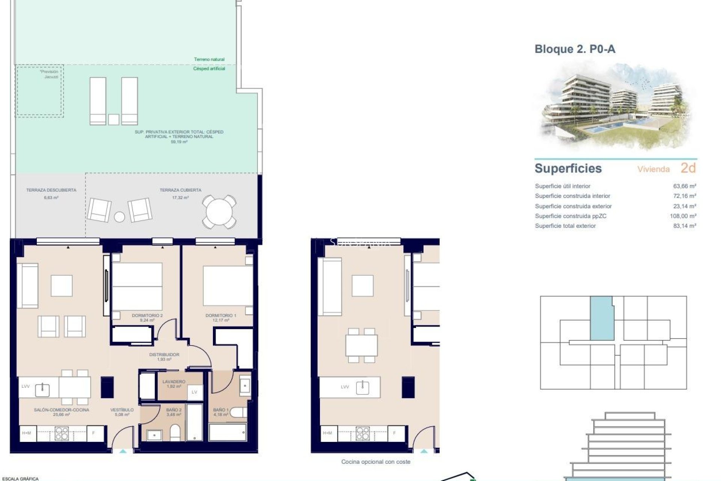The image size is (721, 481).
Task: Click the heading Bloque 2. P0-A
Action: coord(575,49)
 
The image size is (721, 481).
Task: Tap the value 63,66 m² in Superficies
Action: coord(685,186)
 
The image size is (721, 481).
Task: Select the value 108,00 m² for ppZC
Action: coord(683,216)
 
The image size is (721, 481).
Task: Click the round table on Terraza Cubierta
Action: coord(219,212)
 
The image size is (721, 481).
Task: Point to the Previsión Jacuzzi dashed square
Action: coord(39,91)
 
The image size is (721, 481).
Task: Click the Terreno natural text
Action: coord(209,59)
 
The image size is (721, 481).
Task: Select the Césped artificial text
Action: coord(209,69)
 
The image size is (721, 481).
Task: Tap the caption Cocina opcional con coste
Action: coord(376,462)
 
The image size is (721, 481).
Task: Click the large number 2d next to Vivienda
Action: coord(688,168)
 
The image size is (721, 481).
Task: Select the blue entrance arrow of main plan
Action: coord(123,451)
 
